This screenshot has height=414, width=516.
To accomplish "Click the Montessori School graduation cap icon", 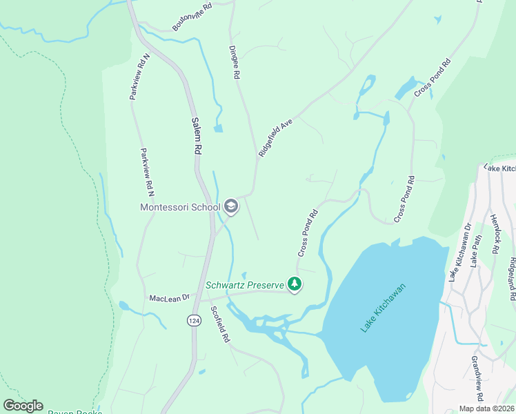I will [x=231, y=206].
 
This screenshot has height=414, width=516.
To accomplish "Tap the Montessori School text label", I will [x=180, y=206].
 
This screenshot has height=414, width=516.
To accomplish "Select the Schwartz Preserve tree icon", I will [x=295, y=284].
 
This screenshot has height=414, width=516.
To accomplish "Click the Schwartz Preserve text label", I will [x=245, y=284].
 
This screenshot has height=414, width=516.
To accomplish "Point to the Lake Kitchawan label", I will [x=384, y=307].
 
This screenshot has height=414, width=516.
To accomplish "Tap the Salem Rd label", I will [x=195, y=135].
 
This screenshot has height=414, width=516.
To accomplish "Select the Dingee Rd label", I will [x=235, y=61].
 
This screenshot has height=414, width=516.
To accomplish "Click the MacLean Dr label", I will [x=169, y=298].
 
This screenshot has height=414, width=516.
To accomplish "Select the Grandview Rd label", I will [x=476, y=379].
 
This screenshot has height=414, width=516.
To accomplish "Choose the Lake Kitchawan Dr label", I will [x=460, y=252].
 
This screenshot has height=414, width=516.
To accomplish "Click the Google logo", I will [x=23, y=406].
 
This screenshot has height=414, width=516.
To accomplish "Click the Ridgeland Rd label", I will [x=511, y=279].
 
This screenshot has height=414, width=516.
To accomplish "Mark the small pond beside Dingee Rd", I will [x=218, y=128].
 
